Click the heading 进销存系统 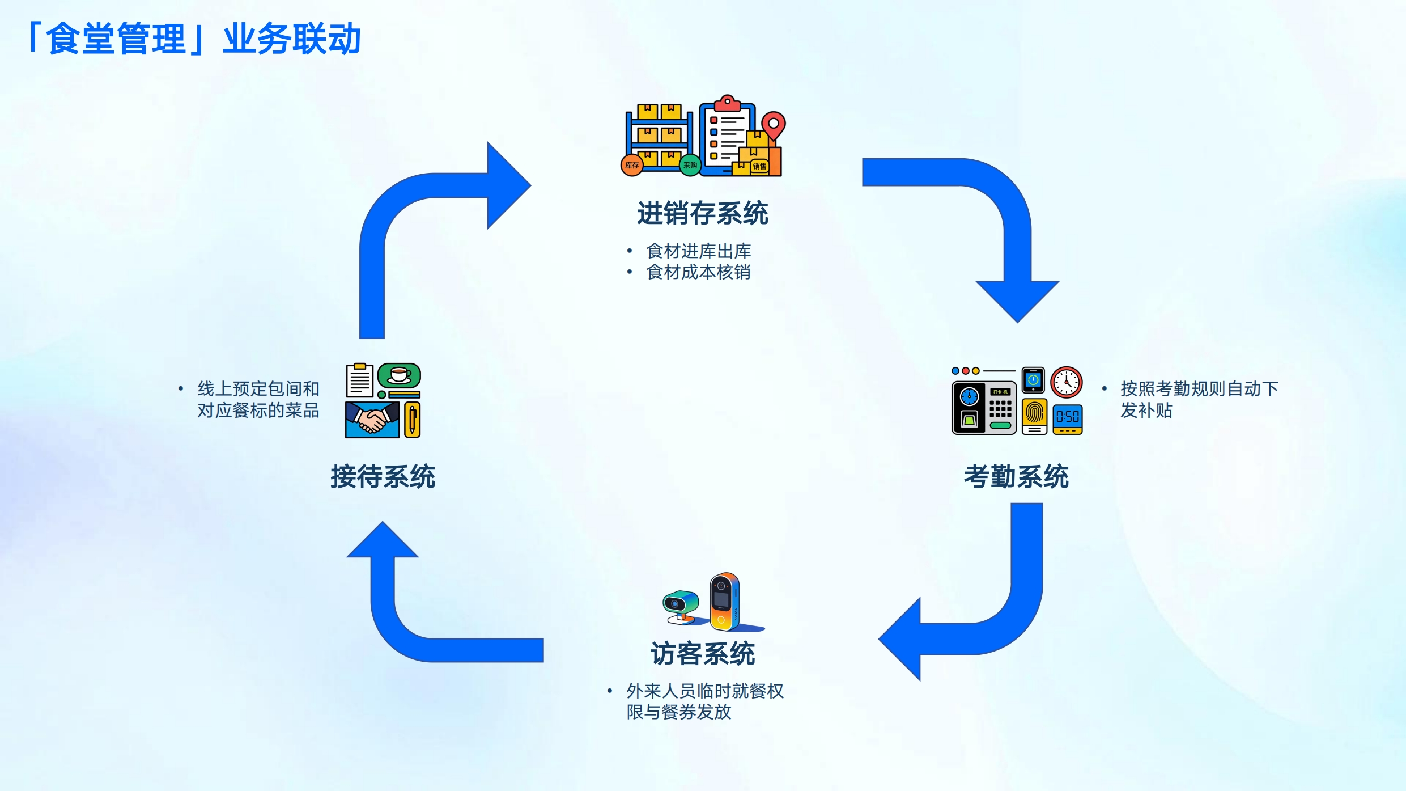click(702, 214)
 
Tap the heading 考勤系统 click(1016, 476)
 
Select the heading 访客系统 click(702, 654)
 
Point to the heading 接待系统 click(383, 476)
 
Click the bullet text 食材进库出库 click(698, 251)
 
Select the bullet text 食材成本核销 click(698, 272)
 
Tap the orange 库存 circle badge click(632, 166)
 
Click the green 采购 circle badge click(690, 165)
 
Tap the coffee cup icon click(400, 375)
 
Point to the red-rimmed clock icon click(1067, 382)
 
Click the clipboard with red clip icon click(727, 136)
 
